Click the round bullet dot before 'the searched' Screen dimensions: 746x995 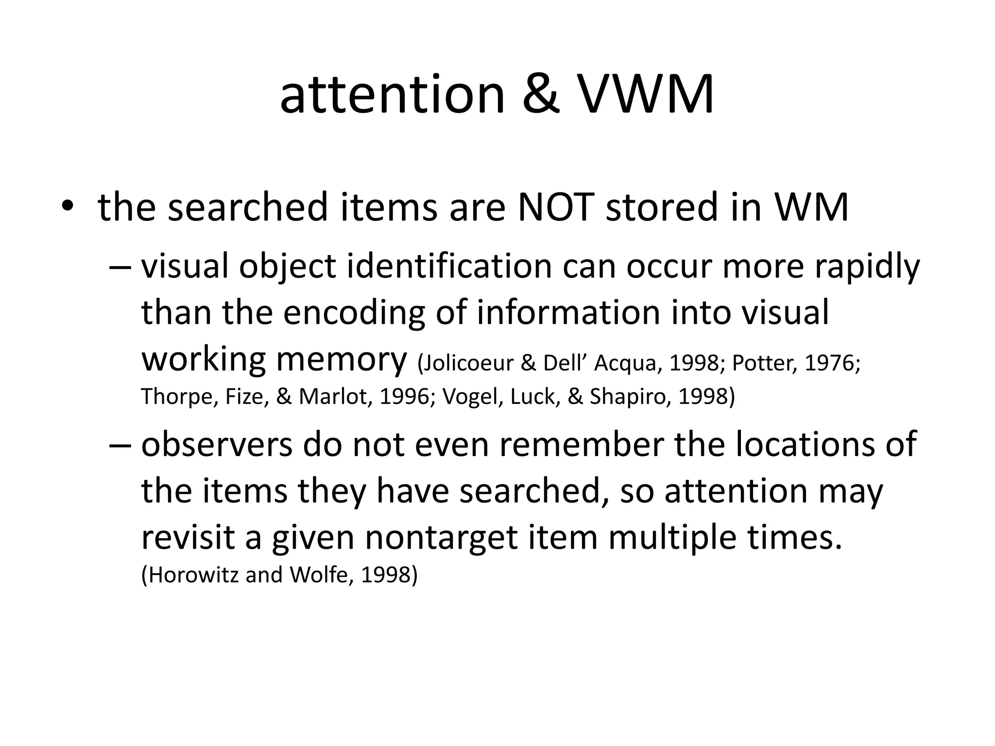67,207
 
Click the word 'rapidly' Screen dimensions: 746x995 867,267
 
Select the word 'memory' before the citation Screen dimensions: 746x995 341,360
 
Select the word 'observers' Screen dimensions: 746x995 217,444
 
